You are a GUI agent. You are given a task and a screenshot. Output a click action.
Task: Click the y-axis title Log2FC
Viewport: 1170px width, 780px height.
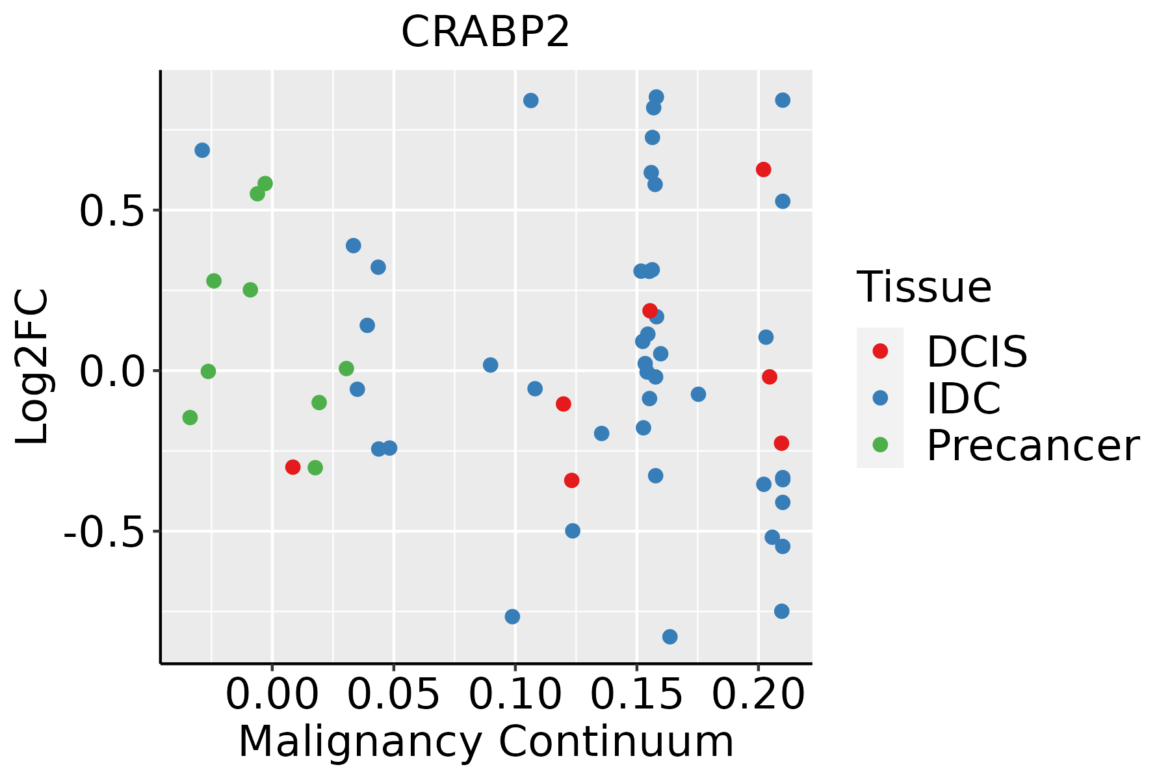point(32,367)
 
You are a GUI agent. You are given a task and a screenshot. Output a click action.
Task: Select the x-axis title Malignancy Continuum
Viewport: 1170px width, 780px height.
point(486,742)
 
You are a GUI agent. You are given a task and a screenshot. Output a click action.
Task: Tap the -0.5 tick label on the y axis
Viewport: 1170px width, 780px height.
point(103,532)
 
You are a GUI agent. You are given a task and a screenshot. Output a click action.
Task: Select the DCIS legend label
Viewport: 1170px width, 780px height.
point(976,352)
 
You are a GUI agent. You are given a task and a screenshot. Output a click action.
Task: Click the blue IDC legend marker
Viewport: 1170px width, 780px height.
point(880,398)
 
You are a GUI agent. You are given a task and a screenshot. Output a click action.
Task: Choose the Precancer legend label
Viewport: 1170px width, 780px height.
point(1032,445)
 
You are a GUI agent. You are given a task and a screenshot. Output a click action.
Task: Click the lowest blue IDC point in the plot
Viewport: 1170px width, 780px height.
point(669,636)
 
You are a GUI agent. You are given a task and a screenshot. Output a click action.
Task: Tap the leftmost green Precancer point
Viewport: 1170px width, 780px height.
point(190,417)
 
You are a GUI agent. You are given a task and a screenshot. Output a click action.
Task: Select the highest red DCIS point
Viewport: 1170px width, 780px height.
point(763,170)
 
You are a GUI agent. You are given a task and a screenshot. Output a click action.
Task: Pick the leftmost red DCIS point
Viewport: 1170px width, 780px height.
point(292,467)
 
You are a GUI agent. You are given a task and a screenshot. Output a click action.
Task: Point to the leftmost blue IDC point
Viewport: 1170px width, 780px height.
point(202,150)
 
